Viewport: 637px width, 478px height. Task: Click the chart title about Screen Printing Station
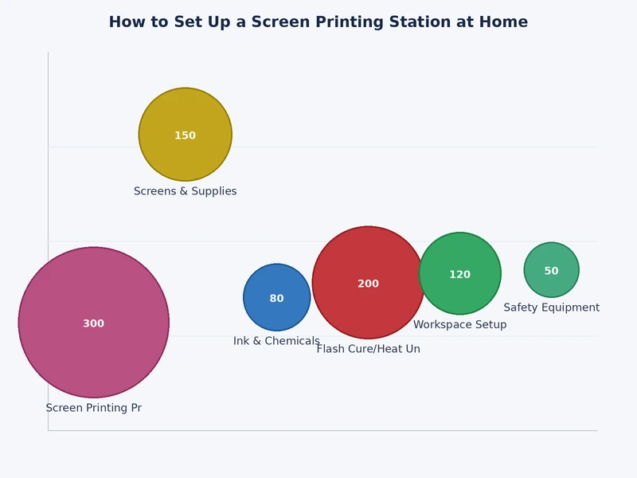point(318,22)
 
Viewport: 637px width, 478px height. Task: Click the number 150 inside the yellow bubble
point(185,135)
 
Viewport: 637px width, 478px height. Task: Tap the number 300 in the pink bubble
point(93,323)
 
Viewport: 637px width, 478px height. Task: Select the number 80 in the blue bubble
point(276,299)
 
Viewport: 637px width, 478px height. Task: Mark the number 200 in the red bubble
point(368,284)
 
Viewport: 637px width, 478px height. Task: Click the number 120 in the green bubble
point(459,275)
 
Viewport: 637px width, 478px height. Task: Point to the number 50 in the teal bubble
point(551,271)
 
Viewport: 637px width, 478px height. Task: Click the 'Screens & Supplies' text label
point(185,191)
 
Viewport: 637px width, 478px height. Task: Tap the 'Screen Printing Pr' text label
point(93,408)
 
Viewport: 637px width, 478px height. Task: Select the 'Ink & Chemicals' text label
point(276,341)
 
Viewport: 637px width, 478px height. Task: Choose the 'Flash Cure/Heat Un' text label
point(368,349)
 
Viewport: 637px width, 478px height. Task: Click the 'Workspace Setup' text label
point(459,325)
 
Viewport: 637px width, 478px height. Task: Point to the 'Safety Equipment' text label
point(551,308)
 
